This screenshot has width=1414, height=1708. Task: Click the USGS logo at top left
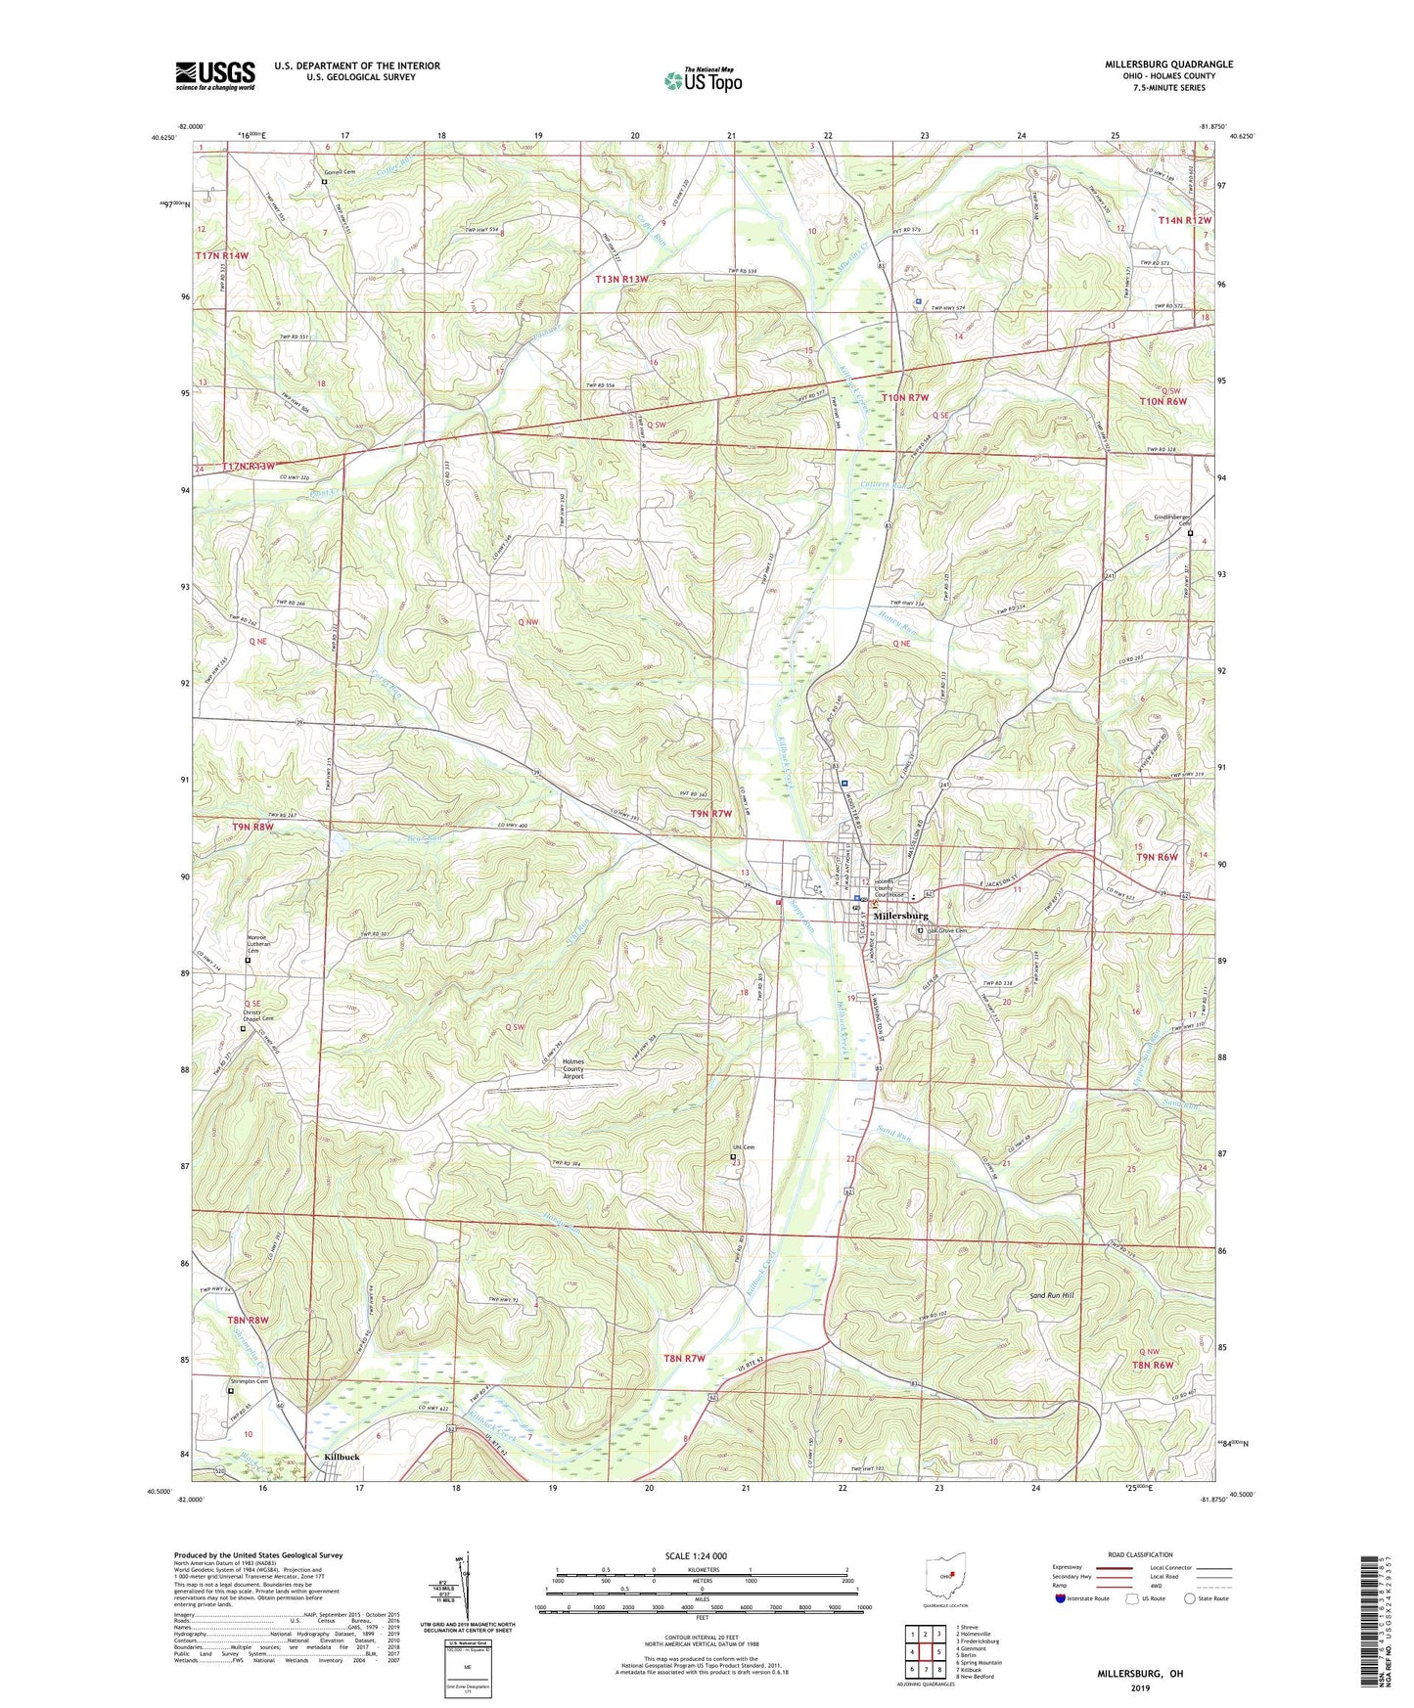coord(214,75)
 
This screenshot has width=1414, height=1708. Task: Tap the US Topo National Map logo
coord(703,80)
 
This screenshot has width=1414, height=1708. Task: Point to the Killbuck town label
coord(342,1457)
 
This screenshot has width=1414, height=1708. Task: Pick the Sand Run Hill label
coord(1051,1294)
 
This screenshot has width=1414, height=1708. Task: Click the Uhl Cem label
coord(744,1147)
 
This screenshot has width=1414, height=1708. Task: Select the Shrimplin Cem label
coord(249,1380)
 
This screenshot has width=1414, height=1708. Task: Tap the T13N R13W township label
coord(621,280)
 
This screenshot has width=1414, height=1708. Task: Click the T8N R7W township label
coord(684,1358)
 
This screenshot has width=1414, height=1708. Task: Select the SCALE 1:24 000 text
coord(695,1555)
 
